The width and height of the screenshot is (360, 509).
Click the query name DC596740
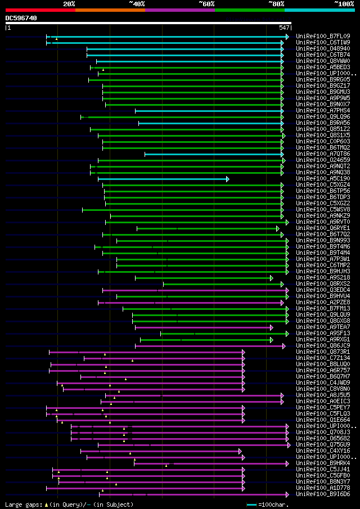[x=21, y=18]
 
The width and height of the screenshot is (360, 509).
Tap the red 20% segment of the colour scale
[x=40, y=10]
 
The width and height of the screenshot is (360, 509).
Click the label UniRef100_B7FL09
[x=323, y=37]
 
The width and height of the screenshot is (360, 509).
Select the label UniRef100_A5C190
[x=323, y=179]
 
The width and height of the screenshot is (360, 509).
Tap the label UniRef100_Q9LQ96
[x=323, y=117]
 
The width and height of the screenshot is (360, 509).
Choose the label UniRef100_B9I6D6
[x=323, y=494]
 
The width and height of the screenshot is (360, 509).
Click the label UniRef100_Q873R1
[x=323, y=352]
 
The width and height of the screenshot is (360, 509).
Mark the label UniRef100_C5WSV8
[x=323, y=210]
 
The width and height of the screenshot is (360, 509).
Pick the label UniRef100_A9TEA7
[x=323, y=327]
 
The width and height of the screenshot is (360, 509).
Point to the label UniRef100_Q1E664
[x=323, y=420]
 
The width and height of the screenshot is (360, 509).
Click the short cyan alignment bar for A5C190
[x=163, y=179]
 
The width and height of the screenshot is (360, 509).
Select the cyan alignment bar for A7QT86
[x=214, y=154]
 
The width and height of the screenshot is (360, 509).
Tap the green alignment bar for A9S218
[x=202, y=278]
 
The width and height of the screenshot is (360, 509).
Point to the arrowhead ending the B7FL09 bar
[x=287, y=37]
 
